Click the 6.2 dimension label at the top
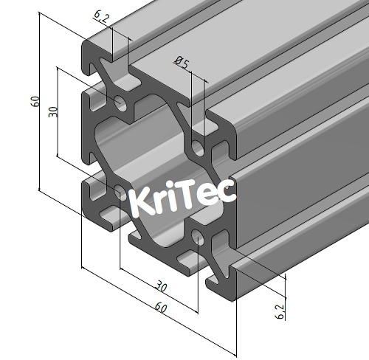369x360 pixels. (101, 16)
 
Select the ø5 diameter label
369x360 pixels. (182, 64)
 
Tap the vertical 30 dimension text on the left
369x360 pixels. (52, 113)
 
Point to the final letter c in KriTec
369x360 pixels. (227, 191)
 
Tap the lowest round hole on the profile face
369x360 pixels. (199, 237)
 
